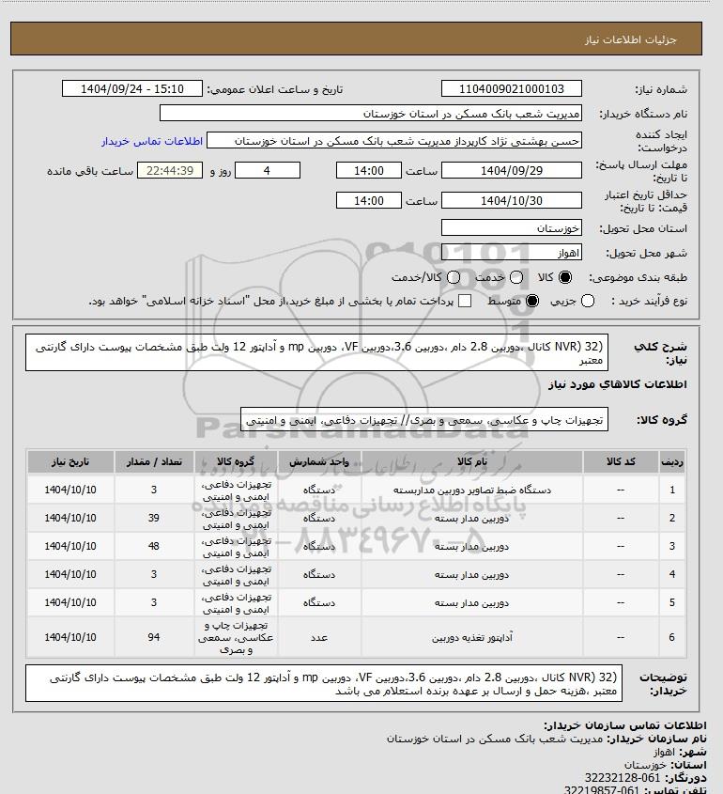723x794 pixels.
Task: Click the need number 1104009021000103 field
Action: tap(512, 89)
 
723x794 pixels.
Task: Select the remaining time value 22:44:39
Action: tap(170, 171)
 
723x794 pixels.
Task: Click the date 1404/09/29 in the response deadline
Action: tap(512, 171)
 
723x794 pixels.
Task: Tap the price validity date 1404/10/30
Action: tap(512, 201)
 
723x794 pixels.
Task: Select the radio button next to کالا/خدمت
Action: tap(454, 278)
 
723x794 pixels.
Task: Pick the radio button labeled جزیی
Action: tap(589, 301)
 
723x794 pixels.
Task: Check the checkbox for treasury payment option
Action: tap(465, 301)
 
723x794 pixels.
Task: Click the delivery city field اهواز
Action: tap(512, 253)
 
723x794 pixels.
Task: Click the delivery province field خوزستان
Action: tap(512, 228)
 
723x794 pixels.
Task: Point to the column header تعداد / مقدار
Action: tap(154, 461)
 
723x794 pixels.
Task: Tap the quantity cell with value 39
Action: tap(154, 519)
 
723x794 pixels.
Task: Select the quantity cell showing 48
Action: tap(154, 546)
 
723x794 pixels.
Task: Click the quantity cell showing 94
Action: tap(154, 637)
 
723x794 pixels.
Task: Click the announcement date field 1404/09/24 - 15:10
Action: tap(131, 89)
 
